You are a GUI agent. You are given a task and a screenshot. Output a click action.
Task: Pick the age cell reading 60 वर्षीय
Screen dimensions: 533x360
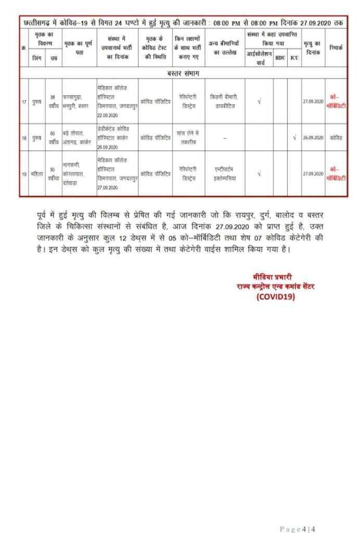53,137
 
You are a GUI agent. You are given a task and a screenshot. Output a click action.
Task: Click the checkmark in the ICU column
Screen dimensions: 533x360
294,137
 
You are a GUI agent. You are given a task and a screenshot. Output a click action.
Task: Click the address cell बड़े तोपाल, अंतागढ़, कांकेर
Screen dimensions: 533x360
78,137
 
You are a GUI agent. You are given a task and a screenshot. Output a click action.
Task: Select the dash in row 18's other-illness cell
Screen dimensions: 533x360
225,138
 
